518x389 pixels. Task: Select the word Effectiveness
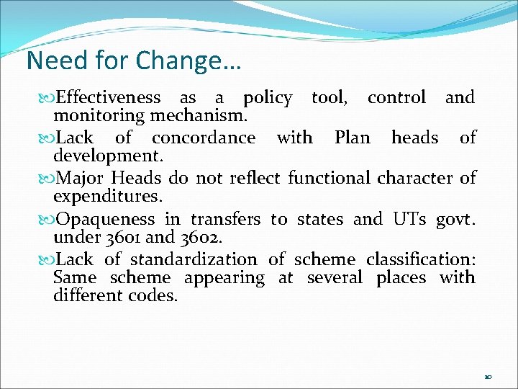click(x=109, y=97)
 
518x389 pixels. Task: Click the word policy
click(x=268, y=98)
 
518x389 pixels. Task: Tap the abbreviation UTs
click(x=411, y=219)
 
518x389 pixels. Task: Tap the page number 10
click(x=488, y=377)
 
